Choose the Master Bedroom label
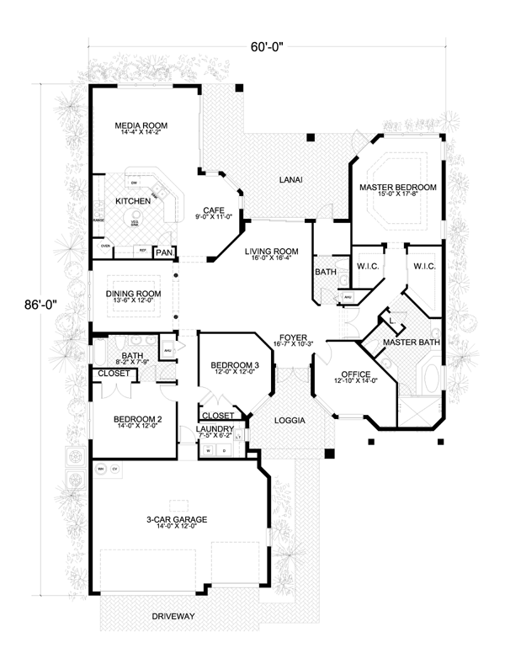398,186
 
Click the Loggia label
290,419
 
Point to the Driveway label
173,616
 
